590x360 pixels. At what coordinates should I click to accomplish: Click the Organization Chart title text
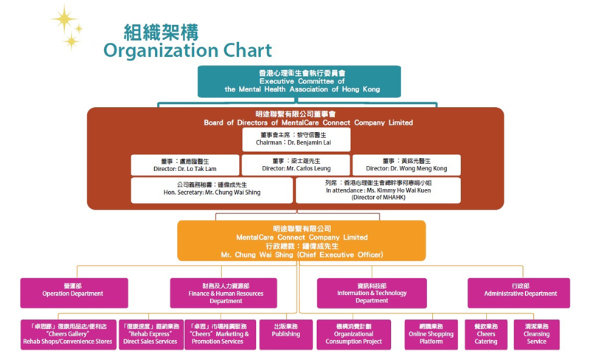click(x=187, y=51)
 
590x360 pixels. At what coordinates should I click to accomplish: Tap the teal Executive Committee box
click(x=299, y=81)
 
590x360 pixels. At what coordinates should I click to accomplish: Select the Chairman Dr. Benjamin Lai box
click(x=296, y=139)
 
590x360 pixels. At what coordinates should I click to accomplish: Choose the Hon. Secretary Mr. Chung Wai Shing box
click(x=212, y=190)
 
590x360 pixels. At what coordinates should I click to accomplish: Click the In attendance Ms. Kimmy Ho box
click(x=378, y=190)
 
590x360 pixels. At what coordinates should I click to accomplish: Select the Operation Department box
click(x=73, y=293)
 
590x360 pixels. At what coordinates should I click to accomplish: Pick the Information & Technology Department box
click(x=372, y=293)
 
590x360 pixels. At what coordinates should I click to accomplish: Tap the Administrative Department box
click(x=520, y=293)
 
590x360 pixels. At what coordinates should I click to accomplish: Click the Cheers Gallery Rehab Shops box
click(x=68, y=334)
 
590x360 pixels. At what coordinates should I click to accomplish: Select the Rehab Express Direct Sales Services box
click(x=150, y=334)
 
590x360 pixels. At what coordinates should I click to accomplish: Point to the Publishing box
click(x=285, y=334)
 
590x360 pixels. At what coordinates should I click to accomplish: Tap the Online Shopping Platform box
click(x=431, y=334)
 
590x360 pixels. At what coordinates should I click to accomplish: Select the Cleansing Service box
click(x=537, y=334)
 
